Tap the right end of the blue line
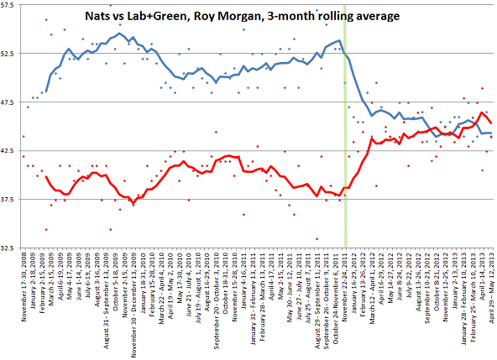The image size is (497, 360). pyautogui.click(x=491, y=133)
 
